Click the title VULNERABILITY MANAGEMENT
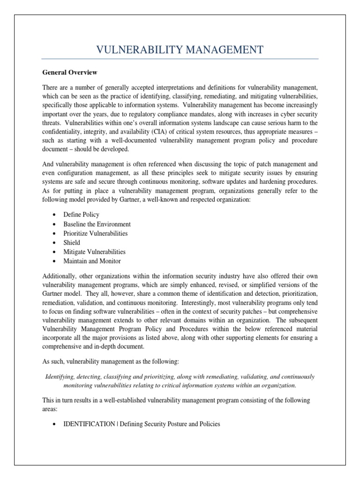(180, 50)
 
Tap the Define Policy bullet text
(81, 214)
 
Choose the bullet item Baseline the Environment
(97, 224)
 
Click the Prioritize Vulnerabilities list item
(95, 233)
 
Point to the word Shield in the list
(72, 242)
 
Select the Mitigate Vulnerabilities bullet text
(94, 252)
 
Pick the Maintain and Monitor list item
(92, 261)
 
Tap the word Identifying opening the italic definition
(61, 376)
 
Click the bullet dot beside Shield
(55, 243)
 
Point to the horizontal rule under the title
(180, 59)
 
